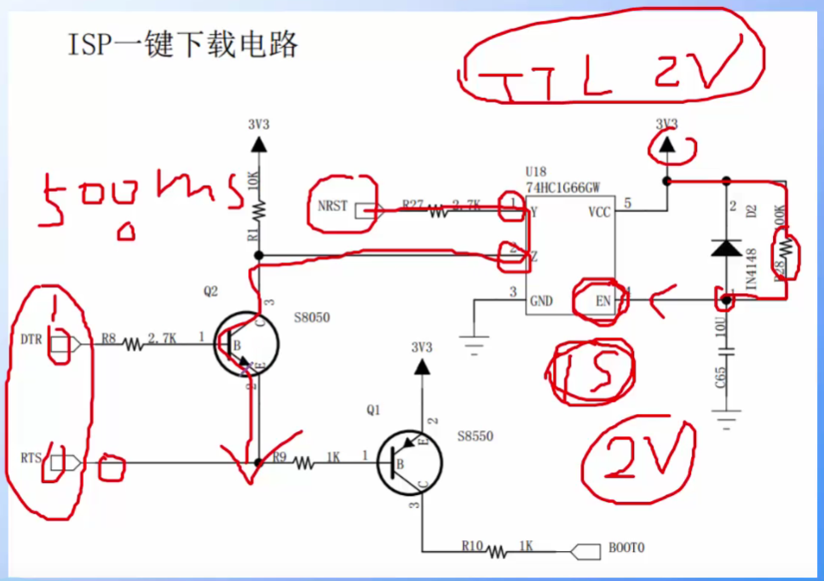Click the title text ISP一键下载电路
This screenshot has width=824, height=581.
[182, 44]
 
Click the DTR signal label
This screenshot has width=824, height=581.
[31, 341]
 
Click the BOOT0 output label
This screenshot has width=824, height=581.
[626, 547]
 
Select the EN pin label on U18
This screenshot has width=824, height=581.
[603, 300]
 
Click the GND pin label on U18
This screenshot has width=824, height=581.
[542, 301]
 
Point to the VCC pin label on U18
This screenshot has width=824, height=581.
[599, 212]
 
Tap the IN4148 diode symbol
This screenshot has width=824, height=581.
[726, 248]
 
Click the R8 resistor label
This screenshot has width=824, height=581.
[108, 337]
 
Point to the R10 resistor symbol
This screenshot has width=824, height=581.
[498, 551]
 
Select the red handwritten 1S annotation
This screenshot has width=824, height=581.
[591, 371]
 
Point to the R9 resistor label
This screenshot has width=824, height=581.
[279, 457]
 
